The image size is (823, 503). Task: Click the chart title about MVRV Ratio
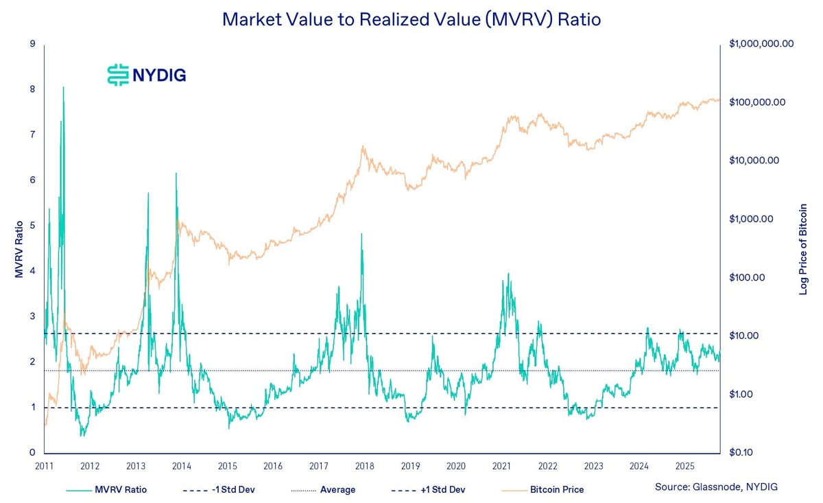pyautogui.click(x=411, y=19)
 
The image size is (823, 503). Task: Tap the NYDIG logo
pyautogui.click(x=147, y=74)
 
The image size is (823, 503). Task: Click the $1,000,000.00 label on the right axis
pyautogui.click(x=761, y=44)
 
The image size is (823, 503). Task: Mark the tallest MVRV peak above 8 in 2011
pyautogui.click(x=63, y=88)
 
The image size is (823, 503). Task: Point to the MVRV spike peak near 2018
pyautogui.click(x=361, y=234)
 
